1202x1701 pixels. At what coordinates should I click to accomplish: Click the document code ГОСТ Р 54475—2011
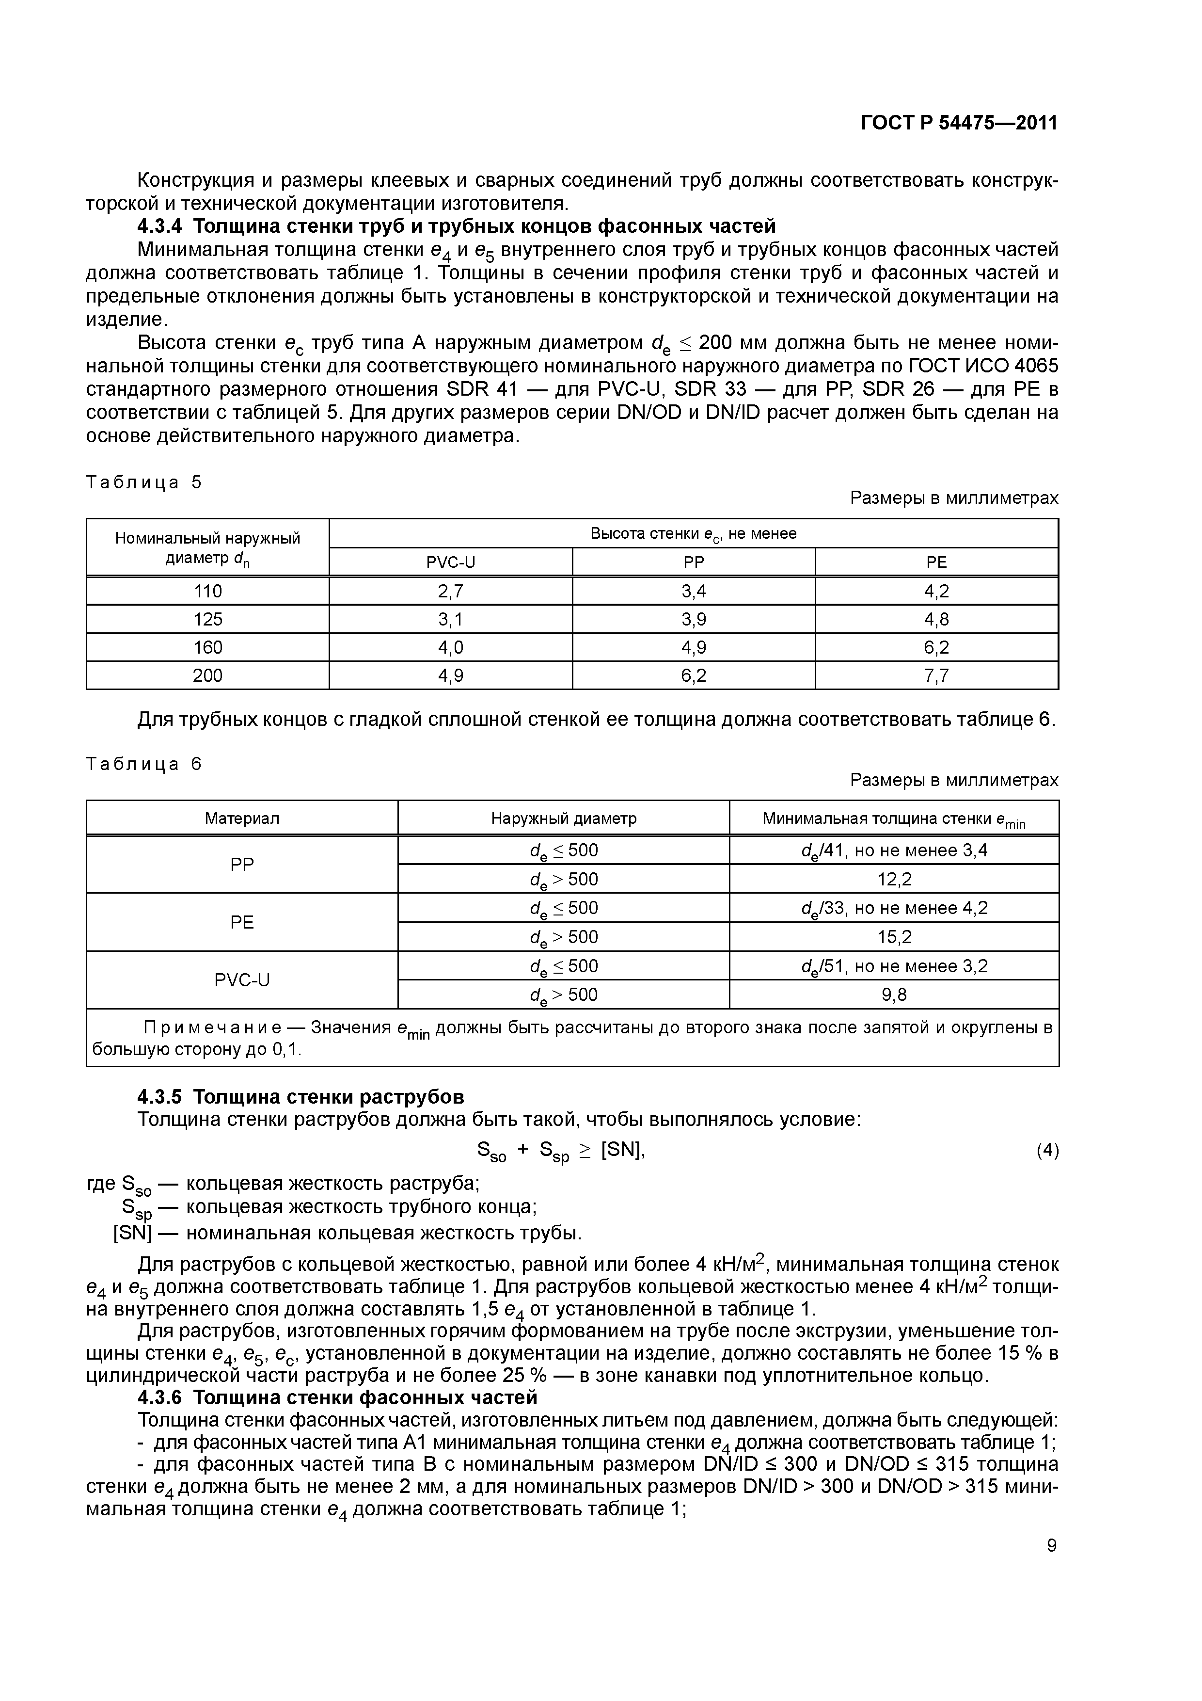pos(959,123)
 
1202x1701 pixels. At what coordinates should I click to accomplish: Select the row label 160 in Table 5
pos(207,647)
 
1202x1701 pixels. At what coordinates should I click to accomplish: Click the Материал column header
pos(242,818)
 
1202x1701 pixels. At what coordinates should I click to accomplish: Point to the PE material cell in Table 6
pos(242,922)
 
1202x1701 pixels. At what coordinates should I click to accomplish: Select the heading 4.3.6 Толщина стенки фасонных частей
pos(338,1398)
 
